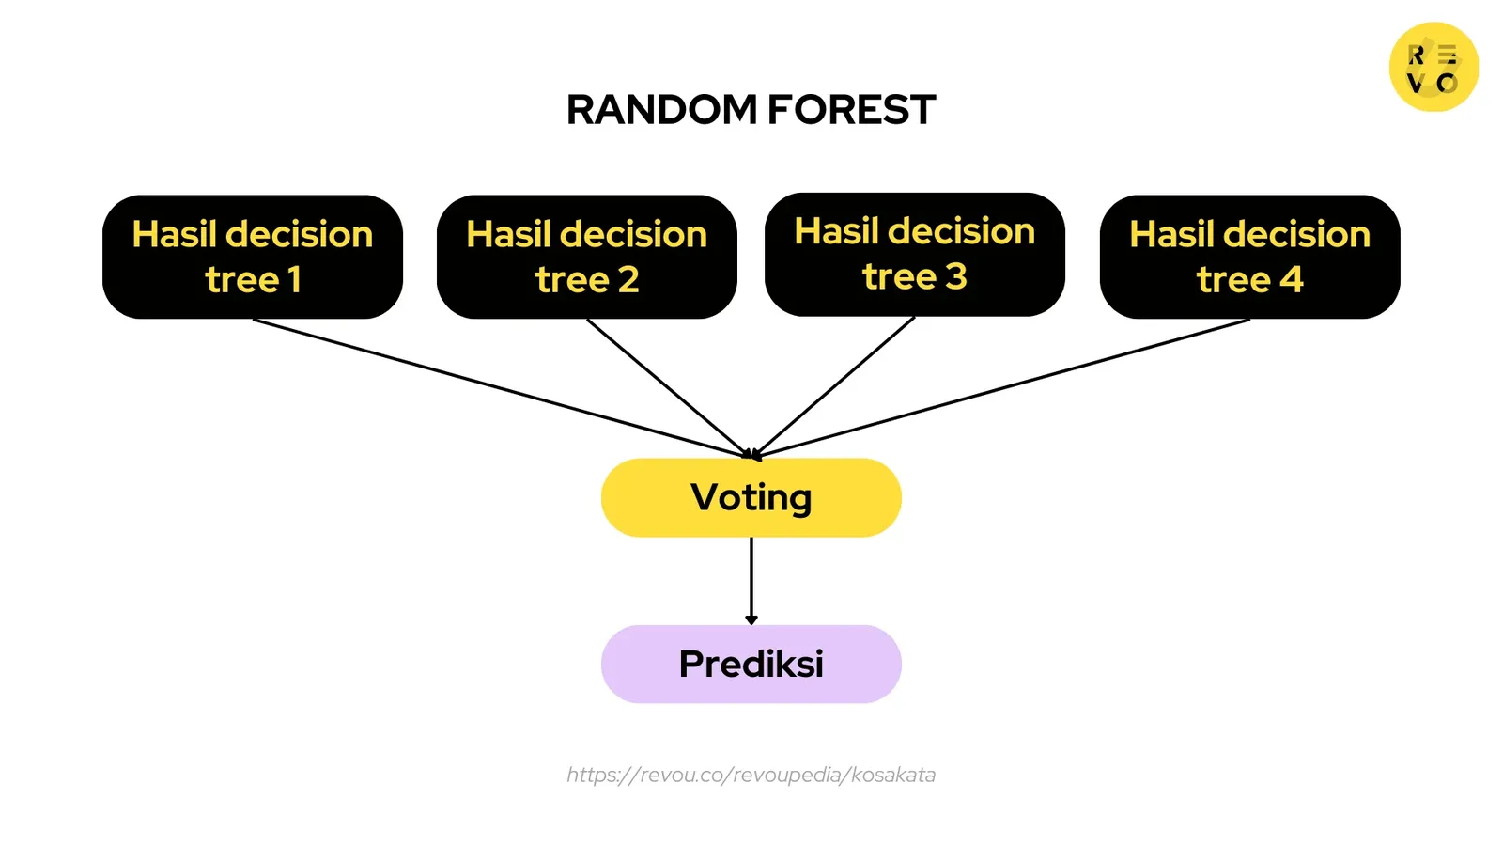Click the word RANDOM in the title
tap(661, 110)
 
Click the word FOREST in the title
tap(851, 110)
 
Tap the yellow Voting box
tap(751, 497)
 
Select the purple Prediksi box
tap(751, 664)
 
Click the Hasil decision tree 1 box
tap(253, 257)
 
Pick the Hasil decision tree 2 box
tap(586, 257)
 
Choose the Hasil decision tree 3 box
tap(914, 255)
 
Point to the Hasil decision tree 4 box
tap(1249, 257)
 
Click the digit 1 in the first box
tap(294, 280)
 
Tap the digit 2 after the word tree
tap(628, 280)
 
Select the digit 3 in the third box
tap(955, 277)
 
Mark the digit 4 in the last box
tap(1292, 280)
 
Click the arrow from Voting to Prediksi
tap(751, 581)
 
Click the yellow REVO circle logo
tap(1433, 67)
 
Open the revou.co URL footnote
tap(751, 775)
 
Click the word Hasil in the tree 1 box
tap(175, 234)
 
